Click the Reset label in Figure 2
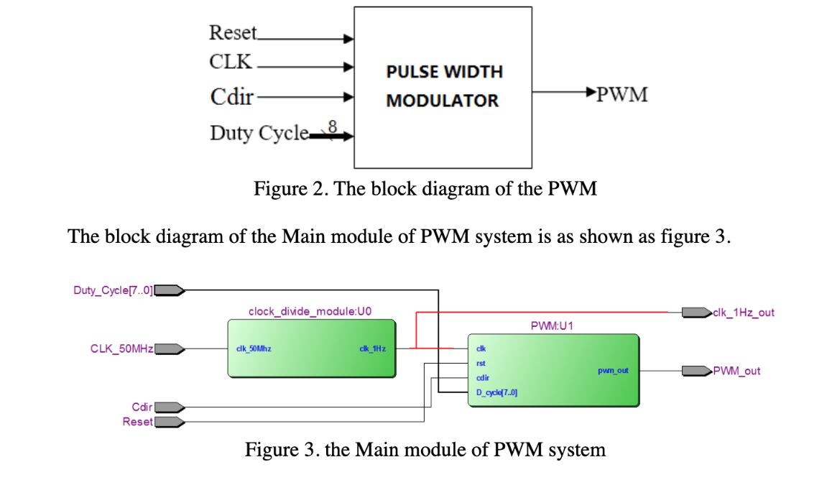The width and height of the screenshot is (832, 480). coord(231,33)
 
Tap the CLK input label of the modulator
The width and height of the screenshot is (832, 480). coord(231,63)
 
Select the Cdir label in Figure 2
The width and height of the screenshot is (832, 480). coord(231,96)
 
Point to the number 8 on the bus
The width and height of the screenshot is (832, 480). coord(332,126)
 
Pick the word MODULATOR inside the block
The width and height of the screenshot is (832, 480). coord(442,101)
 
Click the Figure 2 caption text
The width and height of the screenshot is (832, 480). coord(425,189)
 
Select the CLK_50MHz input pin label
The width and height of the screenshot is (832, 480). coord(121,349)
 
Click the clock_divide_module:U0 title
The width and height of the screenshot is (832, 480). coord(310,312)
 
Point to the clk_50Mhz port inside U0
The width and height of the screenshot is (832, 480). coord(253,349)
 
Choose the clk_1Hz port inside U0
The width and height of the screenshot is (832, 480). coord(372,349)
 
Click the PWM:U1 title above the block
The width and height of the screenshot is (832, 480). coord(552,326)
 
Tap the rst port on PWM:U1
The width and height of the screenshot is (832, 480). coord(481,364)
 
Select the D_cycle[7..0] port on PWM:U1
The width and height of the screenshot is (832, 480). coord(496,392)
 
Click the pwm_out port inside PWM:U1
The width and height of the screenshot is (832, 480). coord(613,371)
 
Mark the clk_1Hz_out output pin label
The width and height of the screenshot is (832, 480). coord(744,313)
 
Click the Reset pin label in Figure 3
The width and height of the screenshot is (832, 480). coord(138,422)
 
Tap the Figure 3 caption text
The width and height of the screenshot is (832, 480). coord(425,451)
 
